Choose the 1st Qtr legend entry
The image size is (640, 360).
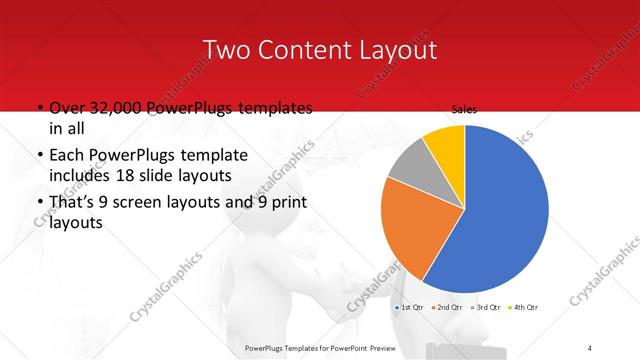click(411, 307)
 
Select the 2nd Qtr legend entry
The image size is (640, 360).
click(445, 307)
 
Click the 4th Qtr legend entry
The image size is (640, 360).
click(524, 307)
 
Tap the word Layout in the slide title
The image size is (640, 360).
click(394, 49)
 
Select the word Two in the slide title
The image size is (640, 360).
click(225, 49)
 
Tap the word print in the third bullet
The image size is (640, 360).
click(286, 204)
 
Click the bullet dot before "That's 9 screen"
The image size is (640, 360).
click(39, 204)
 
